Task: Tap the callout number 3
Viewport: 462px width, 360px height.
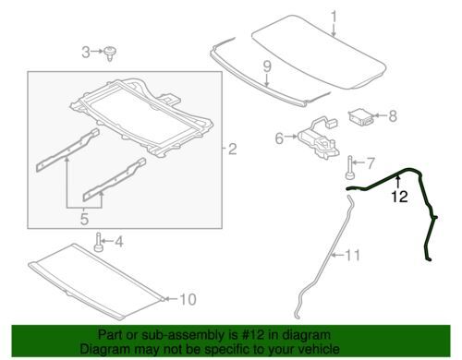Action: tap(86, 52)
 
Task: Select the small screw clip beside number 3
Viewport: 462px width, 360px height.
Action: tap(109, 54)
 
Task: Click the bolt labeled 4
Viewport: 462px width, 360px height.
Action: tap(98, 242)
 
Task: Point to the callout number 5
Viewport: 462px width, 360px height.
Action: tap(84, 219)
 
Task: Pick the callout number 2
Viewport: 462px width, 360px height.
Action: tap(232, 149)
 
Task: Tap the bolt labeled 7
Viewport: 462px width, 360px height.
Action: tap(350, 167)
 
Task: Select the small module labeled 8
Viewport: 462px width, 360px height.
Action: tap(360, 116)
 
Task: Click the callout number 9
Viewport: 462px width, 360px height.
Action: tap(267, 66)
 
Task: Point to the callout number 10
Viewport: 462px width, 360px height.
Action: tap(188, 299)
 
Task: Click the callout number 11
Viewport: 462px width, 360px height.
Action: tap(352, 255)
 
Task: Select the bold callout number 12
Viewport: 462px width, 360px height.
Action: tap(399, 197)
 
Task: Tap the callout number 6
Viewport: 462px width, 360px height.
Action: tap(279, 138)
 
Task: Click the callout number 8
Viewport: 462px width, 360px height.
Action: tap(393, 116)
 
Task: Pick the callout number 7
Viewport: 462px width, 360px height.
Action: tap(371, 162)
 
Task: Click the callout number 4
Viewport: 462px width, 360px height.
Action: tap(118, 242)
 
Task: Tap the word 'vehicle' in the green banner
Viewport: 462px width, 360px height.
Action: tap(320, 349)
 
